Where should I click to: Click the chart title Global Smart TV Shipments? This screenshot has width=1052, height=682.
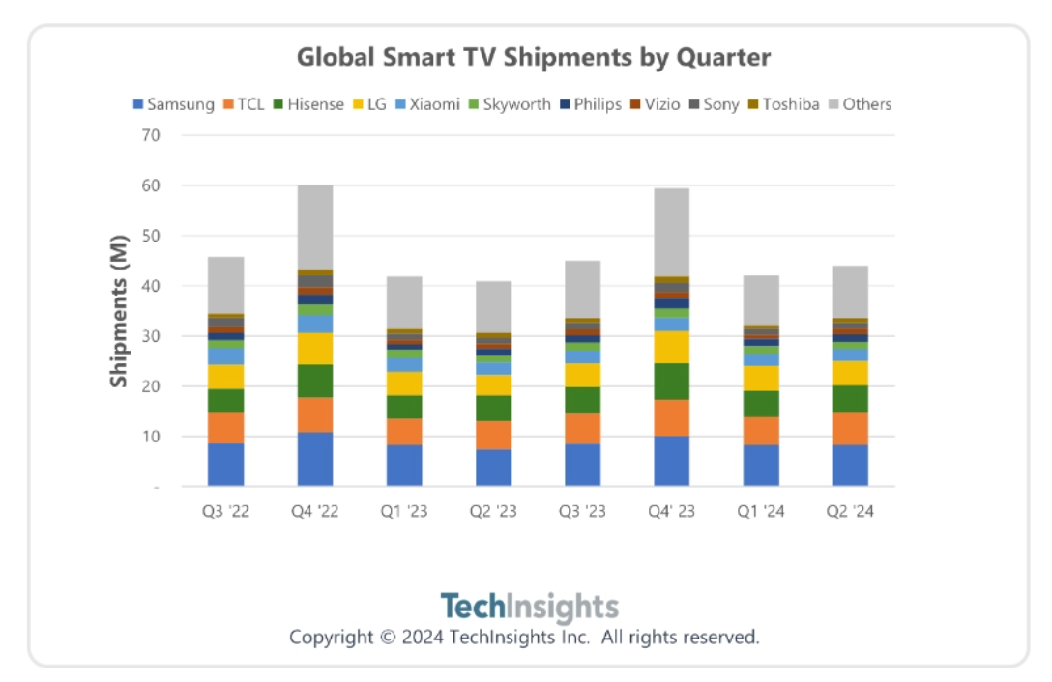[x=533, y=57]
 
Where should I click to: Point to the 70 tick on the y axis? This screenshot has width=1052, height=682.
[x=150, y=134]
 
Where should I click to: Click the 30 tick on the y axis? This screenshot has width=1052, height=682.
[x=150, y=335]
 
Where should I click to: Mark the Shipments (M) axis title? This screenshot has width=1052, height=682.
[x=118, y=310]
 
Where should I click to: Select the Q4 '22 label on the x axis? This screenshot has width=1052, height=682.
[x=315, y=512]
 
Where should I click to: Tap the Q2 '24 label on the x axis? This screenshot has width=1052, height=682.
[x=850, y=512]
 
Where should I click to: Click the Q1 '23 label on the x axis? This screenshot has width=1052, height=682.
[x=404, y=512]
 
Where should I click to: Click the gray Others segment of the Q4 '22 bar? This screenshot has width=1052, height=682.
[x=315, y=227]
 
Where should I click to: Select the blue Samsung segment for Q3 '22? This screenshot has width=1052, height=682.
[x=225, y=465]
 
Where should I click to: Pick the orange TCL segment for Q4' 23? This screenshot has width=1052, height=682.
[x=671, y=418]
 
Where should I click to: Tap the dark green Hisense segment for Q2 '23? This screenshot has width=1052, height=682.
[x=493, y=408]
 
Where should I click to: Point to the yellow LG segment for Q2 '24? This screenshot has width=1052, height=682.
[x=850, y=373]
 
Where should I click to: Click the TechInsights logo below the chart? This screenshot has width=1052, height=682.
[x=529, y=607]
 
